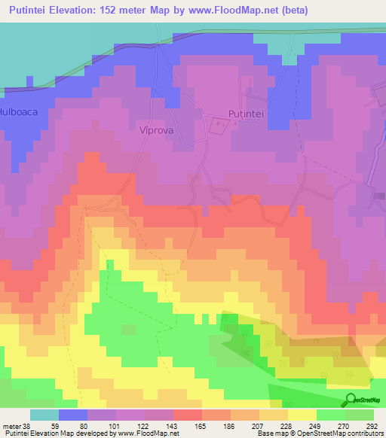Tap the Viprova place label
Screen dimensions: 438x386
(157, 129)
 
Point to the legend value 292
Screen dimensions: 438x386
(370, 425)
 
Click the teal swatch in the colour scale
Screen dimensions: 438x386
(44, 415)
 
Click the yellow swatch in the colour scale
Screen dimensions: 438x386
(302, 415)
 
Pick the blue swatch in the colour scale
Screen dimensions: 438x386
(73, 415)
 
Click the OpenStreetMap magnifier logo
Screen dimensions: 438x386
(351, 400)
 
